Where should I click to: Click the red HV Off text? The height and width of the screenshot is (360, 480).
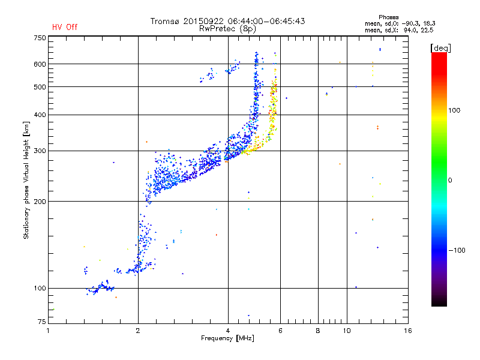[65, 27]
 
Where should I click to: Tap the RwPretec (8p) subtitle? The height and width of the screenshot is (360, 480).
[227, 29]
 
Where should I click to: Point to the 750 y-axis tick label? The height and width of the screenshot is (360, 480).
[40, 38]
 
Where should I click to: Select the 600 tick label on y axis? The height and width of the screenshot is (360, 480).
[40, 64]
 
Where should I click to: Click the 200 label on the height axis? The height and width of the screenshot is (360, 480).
[40, 202]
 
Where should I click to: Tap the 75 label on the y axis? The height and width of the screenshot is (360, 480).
[42, 322]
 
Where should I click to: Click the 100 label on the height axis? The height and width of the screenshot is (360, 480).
[40, 289]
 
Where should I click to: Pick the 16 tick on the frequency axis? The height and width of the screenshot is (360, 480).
[408, 331]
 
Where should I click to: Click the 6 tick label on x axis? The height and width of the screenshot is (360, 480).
[280, 331]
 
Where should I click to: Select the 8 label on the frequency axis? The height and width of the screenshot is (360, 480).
[318, 331]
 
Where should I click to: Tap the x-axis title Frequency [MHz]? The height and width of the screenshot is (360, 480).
[228, 338]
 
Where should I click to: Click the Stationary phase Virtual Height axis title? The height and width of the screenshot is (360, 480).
[26, 180]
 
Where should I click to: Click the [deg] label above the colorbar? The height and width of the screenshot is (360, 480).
[440, 48]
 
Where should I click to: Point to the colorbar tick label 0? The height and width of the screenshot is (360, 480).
[450, 181]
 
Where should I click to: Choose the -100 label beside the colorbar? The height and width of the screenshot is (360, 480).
[457, 250]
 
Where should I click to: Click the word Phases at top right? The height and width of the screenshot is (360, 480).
[388, 17]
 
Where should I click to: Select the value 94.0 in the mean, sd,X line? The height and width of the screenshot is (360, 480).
[410, 31]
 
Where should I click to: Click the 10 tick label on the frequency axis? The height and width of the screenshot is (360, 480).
[347, 331]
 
